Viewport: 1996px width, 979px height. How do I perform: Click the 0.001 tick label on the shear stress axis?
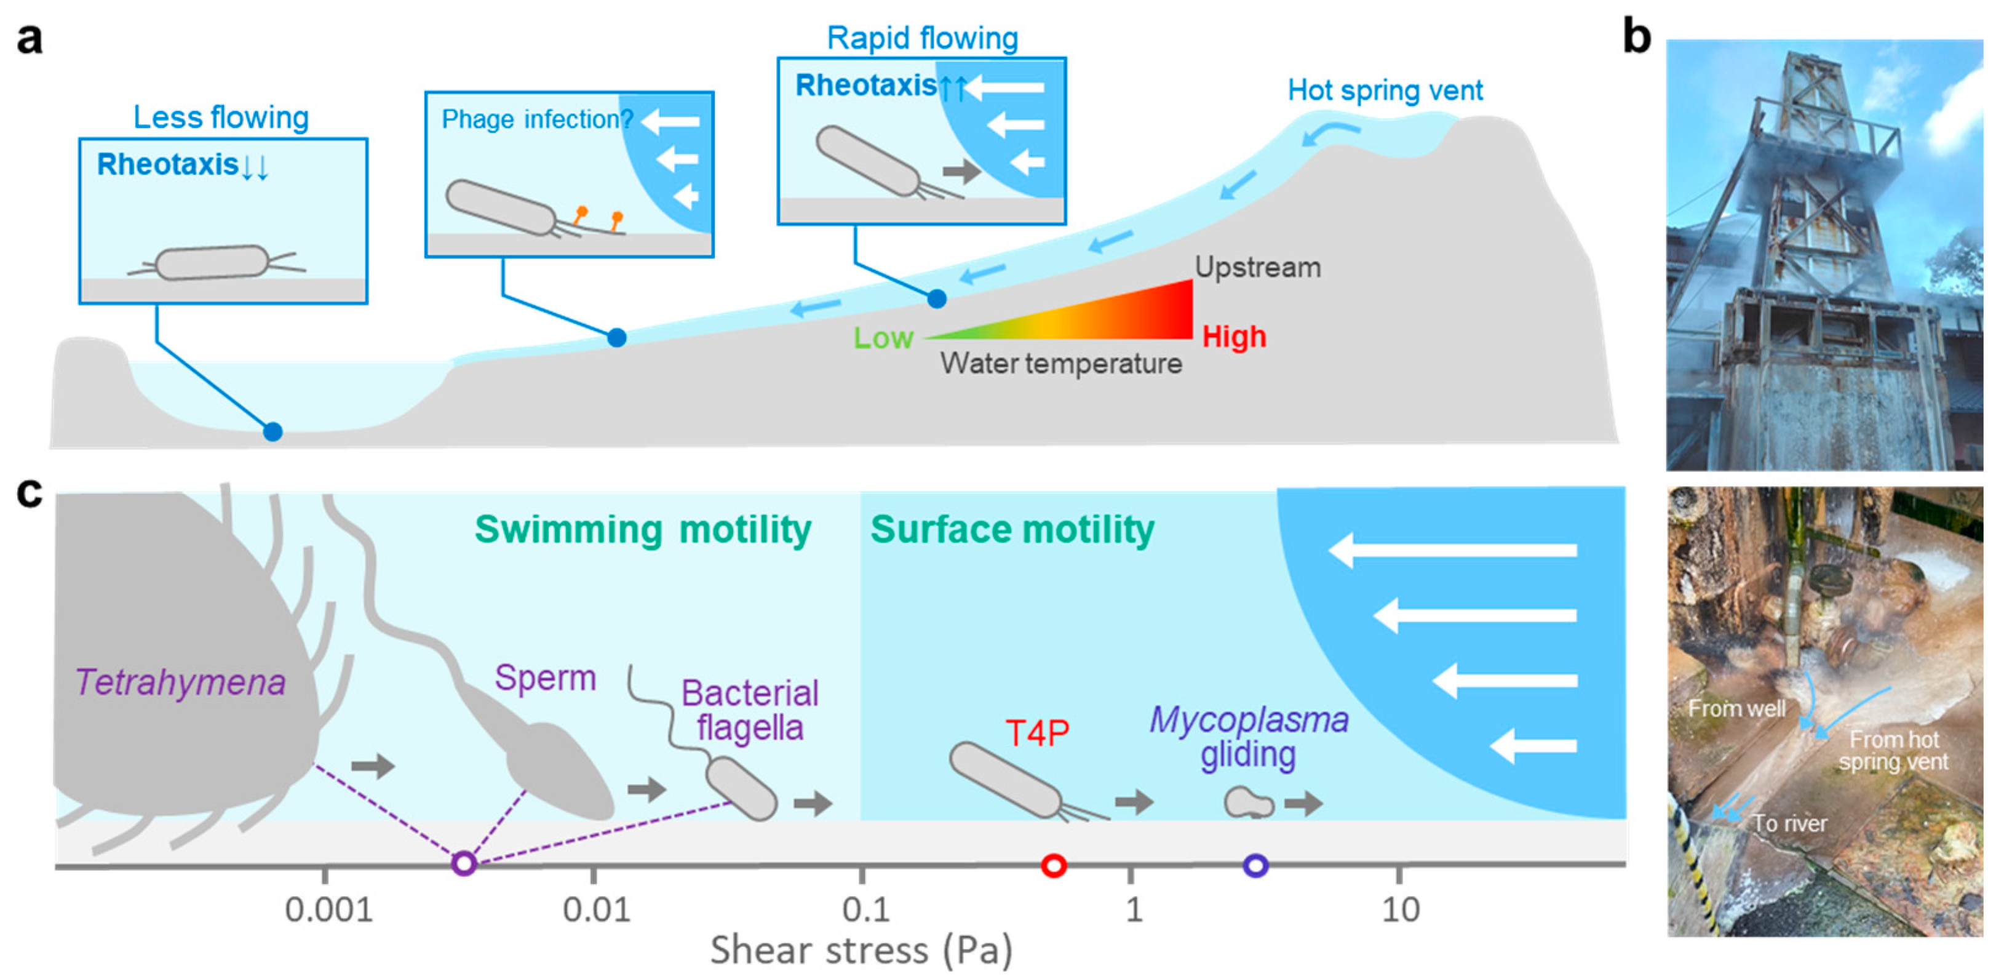pos(328,909)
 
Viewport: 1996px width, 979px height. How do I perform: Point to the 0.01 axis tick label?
pos(596,909)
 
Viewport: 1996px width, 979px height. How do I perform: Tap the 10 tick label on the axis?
pos(1400,909)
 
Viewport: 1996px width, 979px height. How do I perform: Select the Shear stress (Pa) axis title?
pos(861,950)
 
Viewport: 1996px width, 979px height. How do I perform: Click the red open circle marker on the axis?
pos(1054,865)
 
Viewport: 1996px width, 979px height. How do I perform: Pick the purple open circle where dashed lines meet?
pos(463,863)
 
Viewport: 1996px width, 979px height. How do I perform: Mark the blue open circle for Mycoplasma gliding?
pos(1255,865)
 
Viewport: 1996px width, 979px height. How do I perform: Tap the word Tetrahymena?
pos(181,683)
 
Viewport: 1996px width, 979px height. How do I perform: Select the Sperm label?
pos(546,678)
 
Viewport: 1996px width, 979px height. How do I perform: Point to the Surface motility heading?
pos(1012,530)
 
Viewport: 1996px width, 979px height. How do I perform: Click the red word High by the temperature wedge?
pos(1233,337)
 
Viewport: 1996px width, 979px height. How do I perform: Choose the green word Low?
pos(883,338)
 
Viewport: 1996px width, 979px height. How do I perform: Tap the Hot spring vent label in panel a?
pos(1385,90)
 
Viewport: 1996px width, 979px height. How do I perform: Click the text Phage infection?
pos(537,119)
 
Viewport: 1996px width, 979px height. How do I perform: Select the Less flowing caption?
pos(221,118)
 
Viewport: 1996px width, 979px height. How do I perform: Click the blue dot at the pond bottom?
pos(272,432)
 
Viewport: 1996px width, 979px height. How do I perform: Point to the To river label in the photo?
pos(1789,823)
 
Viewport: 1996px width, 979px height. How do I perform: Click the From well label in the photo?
pos(1736,708)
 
